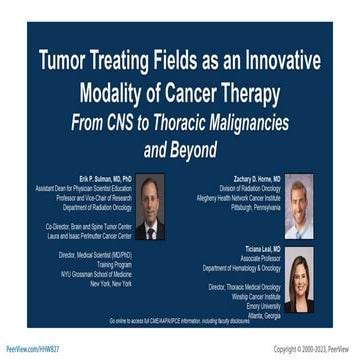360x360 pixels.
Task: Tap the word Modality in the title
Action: [116, 94]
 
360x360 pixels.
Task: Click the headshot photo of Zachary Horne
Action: [299, 204]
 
